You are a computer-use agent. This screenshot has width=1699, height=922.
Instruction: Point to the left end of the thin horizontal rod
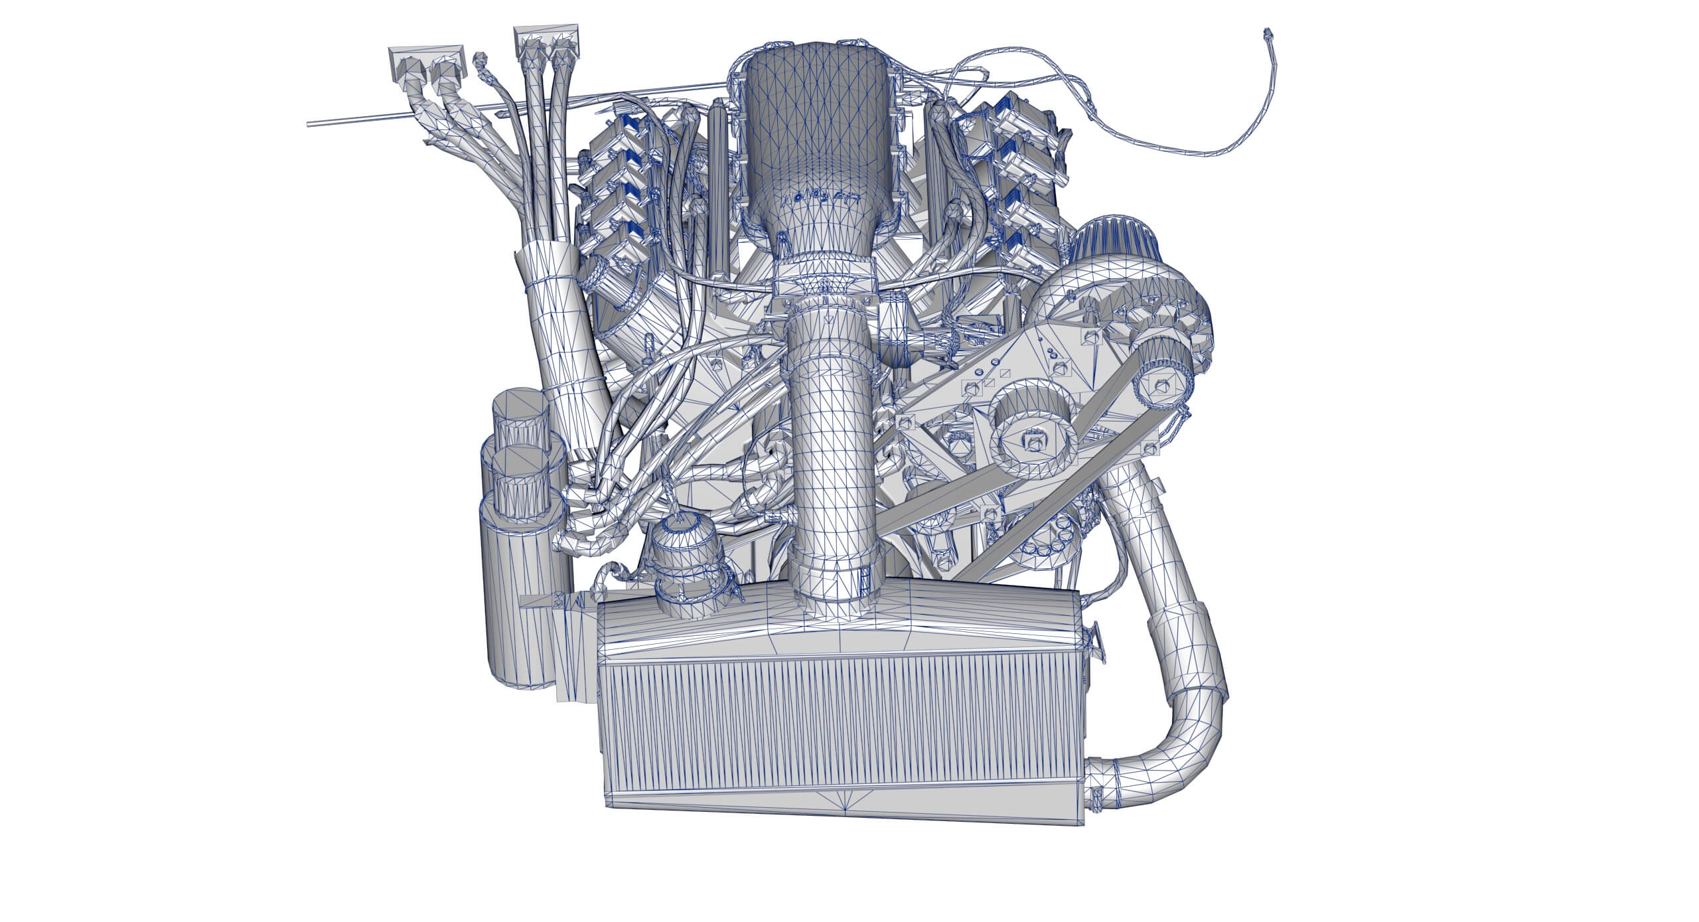(309, 123)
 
